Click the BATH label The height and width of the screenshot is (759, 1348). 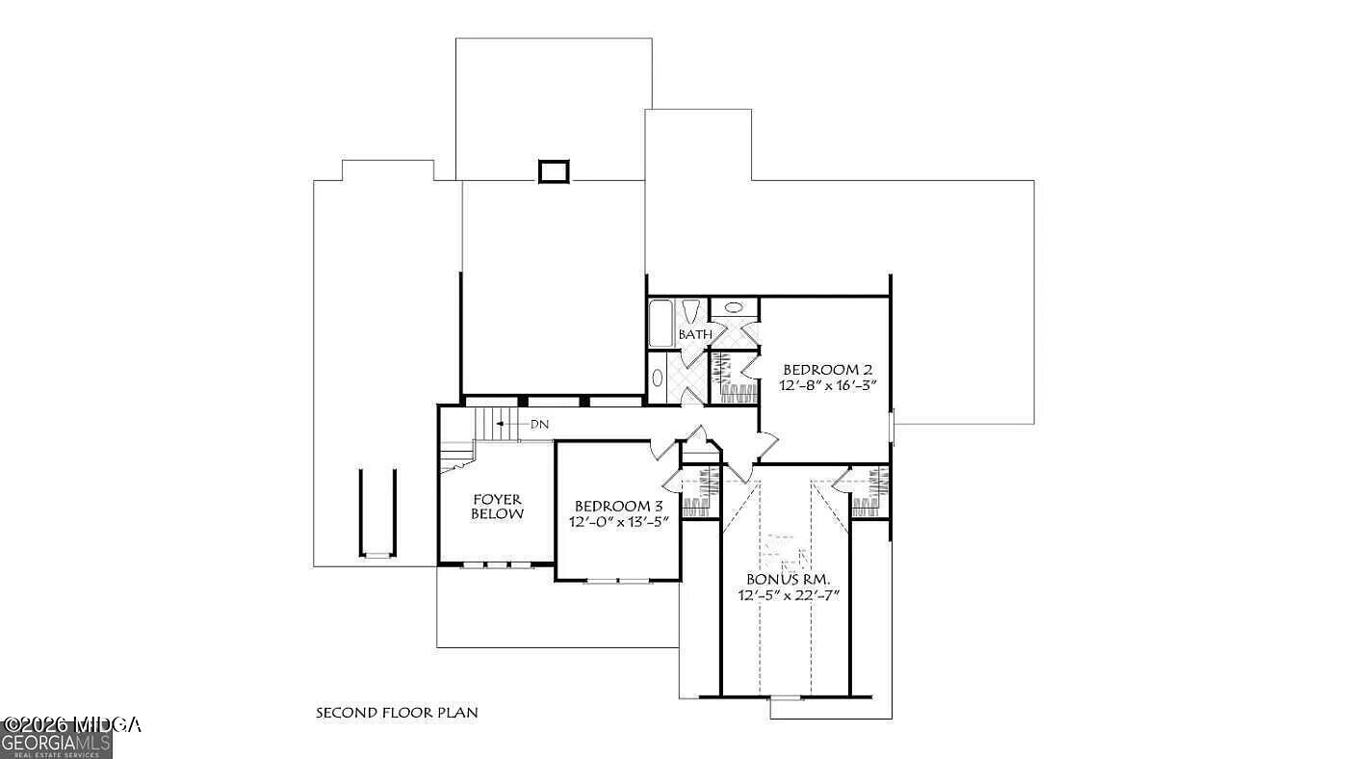coord(695,334)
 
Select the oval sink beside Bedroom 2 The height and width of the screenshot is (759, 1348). coord(734,308)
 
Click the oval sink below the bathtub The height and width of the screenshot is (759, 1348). coord(658,378)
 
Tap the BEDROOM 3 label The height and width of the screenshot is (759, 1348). coord(618,507)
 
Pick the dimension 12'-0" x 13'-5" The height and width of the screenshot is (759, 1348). coord(618,522)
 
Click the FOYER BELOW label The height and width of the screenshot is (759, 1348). coord(497,507)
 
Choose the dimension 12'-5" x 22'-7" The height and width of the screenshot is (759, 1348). coord(790,596)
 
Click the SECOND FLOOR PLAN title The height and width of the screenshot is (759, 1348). coord(397,713)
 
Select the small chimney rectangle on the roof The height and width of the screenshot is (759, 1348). coord(554,171)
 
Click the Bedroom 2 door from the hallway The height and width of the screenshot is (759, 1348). coord(766,445)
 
